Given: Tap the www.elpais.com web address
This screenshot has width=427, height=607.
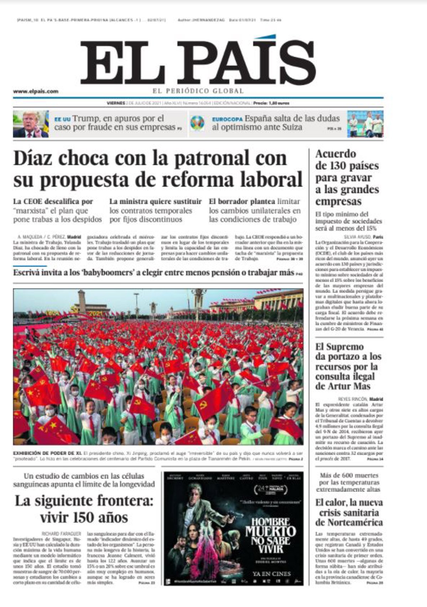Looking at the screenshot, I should (x=36, y=91).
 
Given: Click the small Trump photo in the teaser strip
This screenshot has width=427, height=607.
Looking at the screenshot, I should (x=31, y=124).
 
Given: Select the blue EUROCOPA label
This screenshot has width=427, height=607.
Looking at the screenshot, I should (x=227, y=119).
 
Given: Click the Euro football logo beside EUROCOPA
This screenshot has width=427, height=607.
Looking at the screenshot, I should (x=197, y=123).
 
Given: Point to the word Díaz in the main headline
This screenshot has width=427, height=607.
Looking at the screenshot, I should (x=33, y=159).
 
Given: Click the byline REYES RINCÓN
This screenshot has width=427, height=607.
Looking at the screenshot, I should (x=352, y=399).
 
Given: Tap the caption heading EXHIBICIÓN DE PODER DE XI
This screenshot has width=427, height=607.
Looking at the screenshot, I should (x=47, y=453).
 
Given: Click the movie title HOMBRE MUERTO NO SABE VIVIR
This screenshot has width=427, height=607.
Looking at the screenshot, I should (x=270, y=536).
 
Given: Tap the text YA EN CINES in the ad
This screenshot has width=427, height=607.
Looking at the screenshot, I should (x=271, y=574).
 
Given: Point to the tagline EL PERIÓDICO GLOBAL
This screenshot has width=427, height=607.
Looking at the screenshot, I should (x=198, y=91).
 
